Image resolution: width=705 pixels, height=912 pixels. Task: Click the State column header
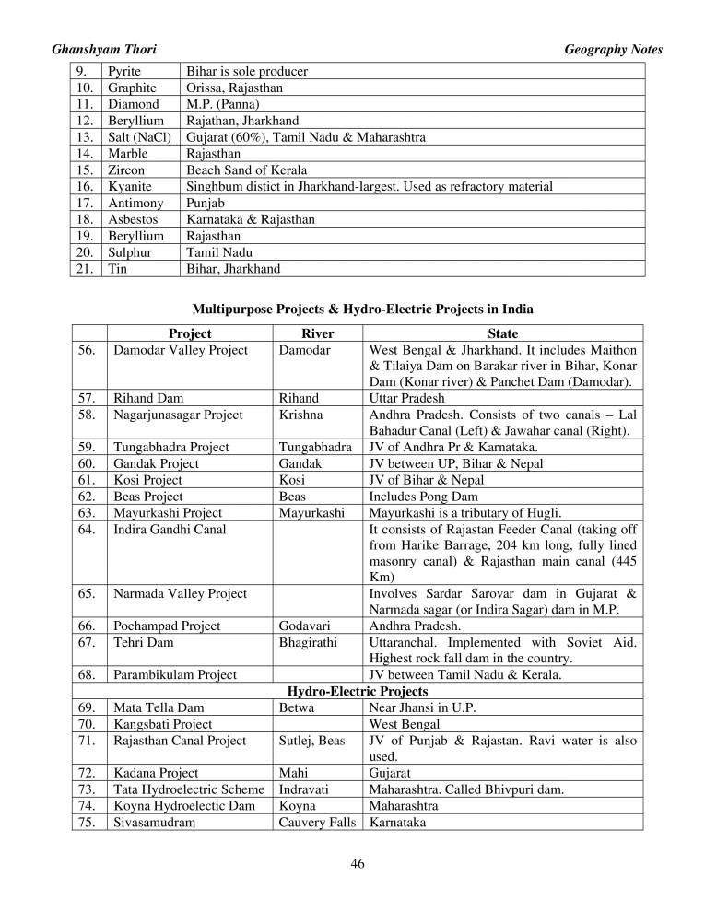[x=502, y=333]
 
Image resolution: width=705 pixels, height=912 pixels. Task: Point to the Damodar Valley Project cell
[x=181, y=350]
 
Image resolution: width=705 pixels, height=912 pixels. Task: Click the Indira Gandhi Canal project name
[x=170, y=529]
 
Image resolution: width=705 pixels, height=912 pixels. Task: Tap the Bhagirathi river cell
[x=308, y=642]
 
